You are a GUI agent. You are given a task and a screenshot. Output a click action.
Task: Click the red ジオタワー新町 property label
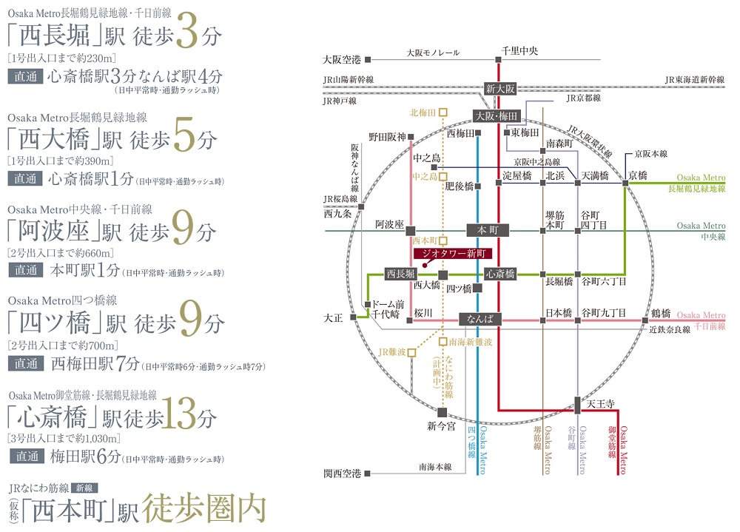(x=453, y=254)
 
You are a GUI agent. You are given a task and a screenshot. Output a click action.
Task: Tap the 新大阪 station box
(x=500, y=89)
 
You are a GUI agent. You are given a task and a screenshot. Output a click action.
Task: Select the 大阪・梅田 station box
(x=496, y=116)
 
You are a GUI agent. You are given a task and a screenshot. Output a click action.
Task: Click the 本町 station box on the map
(x=488, y=230)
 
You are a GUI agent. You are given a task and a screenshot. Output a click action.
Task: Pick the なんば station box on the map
(x=480, y=319)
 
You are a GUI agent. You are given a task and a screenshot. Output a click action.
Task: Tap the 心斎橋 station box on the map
(x=500, y=274)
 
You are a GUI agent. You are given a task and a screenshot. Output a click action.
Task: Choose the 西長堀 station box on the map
(x=400, y=274)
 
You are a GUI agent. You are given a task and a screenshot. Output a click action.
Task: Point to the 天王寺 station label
(x=600, y=404)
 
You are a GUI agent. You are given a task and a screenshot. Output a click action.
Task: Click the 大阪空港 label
(x=342, y=60)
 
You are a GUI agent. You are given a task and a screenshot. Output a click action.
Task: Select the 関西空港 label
(x=342, y=474)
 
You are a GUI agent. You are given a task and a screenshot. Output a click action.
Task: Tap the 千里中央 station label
(x=519, y=51)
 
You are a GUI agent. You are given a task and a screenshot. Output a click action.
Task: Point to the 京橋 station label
(x=638, y=175)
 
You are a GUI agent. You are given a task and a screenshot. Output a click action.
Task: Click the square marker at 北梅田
(x=443, y=112)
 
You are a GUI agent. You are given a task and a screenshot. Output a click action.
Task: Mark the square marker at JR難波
(x=411, y=353)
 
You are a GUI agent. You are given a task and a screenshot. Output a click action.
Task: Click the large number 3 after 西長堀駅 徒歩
(x=187, y=30)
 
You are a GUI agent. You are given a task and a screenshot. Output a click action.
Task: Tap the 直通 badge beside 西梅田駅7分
(x=26, y=363)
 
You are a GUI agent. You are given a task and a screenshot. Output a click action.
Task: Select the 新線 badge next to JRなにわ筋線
(x=84, y=488)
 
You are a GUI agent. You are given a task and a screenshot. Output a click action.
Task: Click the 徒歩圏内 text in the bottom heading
(x=204, y=509)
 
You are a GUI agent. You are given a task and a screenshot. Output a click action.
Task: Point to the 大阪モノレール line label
(x=433, y=53)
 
